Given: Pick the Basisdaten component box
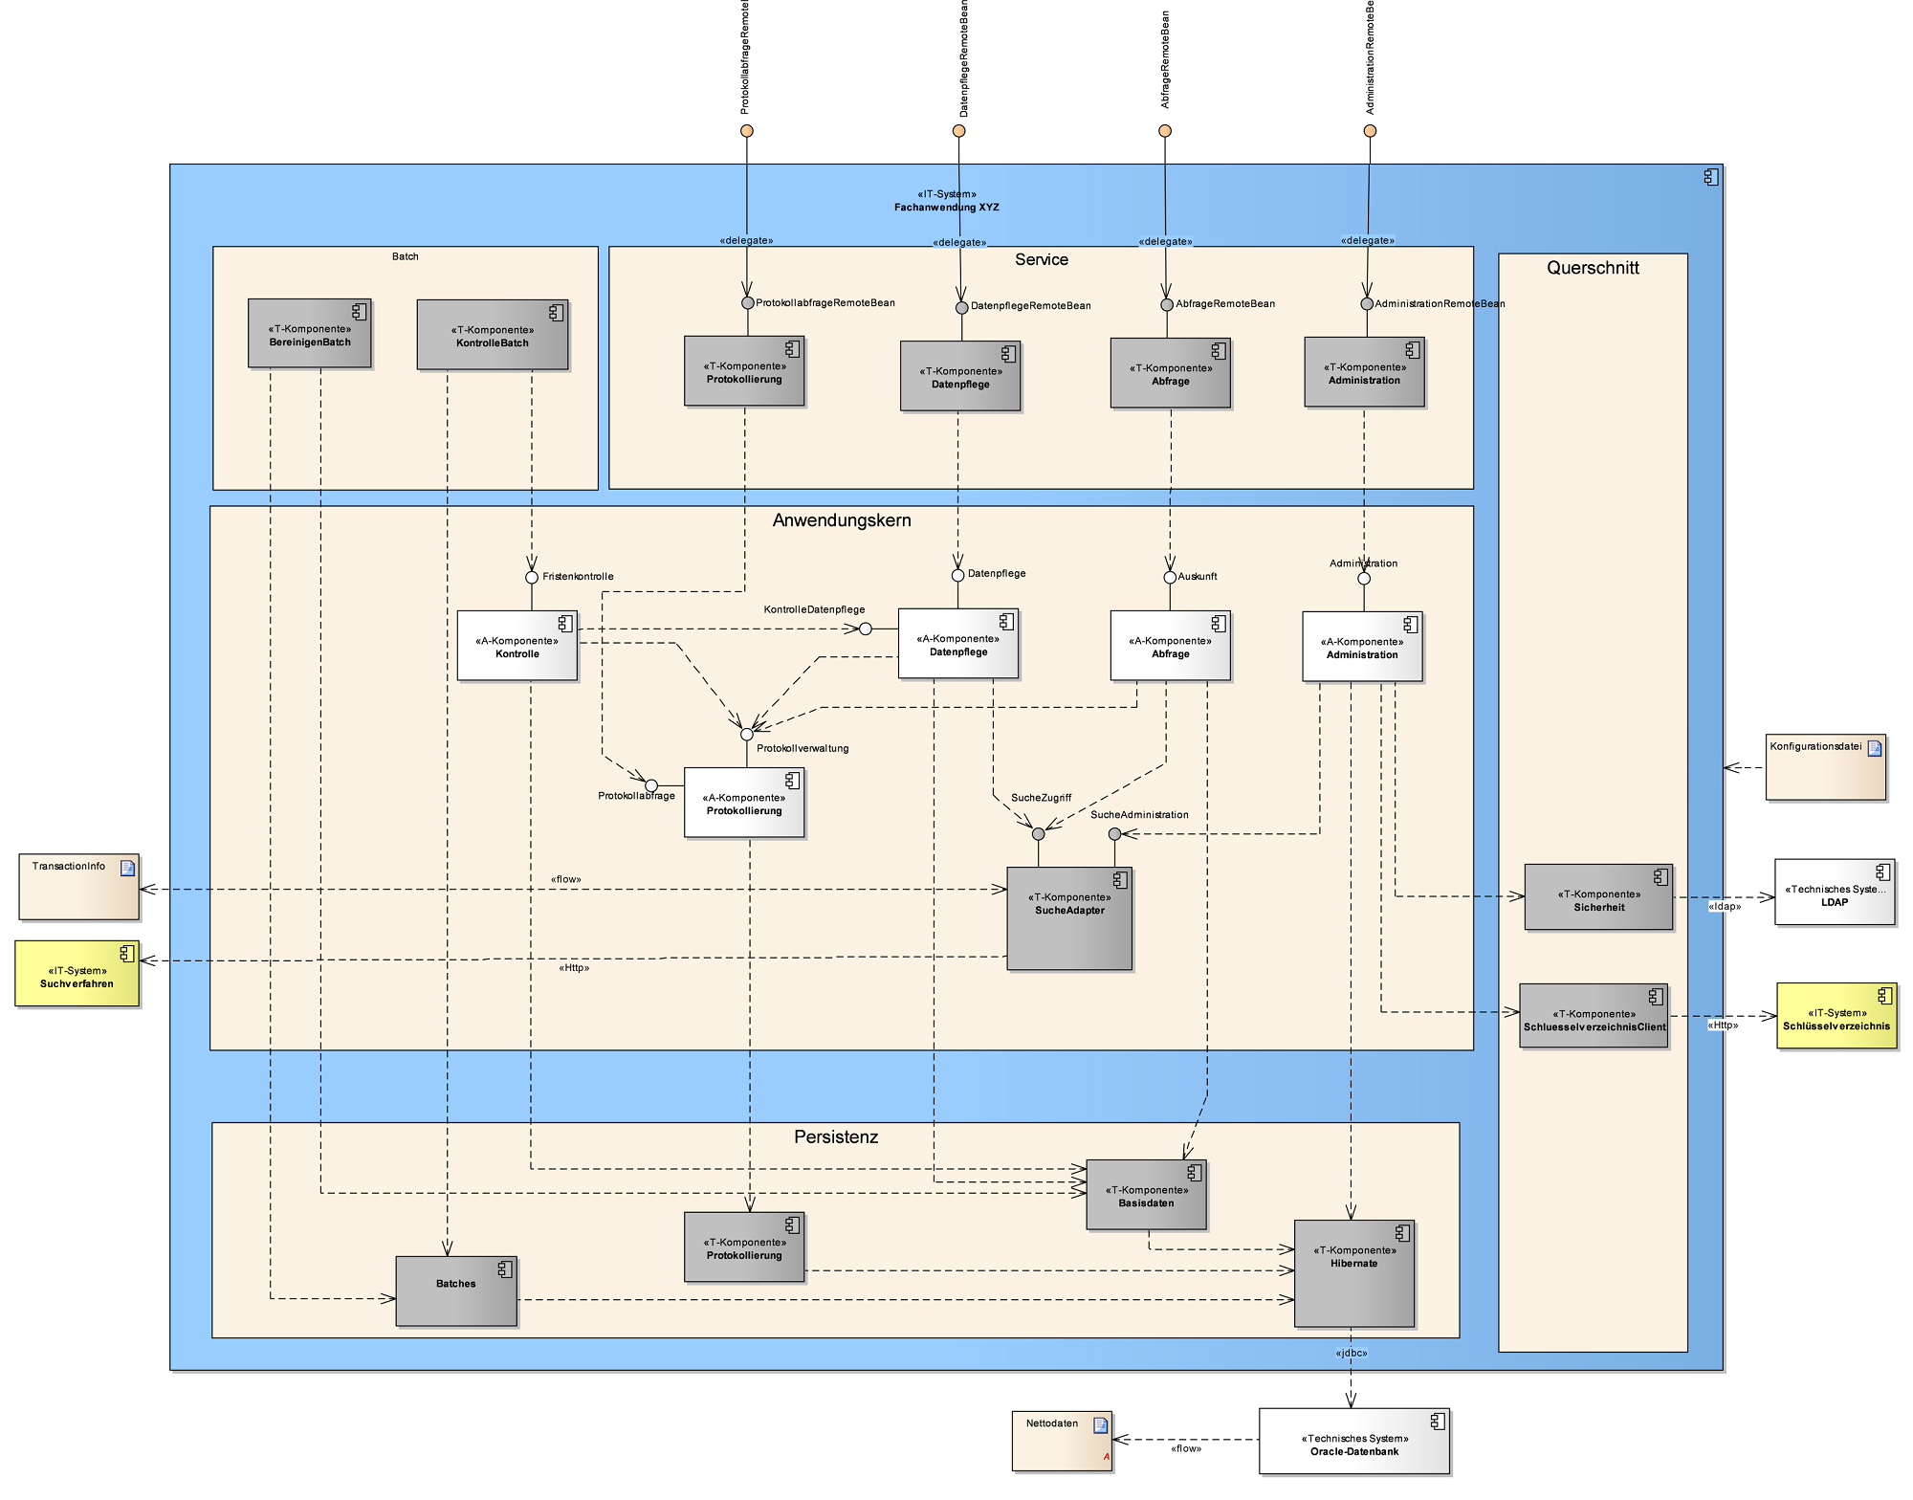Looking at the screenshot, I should click(x=1146, y=1195).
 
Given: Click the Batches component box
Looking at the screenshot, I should click(x=455, y=1290).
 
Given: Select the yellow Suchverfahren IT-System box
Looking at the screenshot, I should click(x=77, y=974).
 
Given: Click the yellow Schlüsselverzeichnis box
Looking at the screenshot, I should click(x=1836, y=1016).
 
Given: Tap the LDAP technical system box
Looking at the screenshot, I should click(x=1834, y=892).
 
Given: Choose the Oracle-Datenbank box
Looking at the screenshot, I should click(x=1353, y=1441).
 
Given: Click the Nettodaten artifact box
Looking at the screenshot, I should click(x=1061, y=1441).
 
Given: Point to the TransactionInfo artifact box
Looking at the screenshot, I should click(x=78, y=887).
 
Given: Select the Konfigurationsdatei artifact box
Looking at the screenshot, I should click(x=1825, y=767).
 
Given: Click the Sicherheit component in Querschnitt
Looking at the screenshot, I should click(x=1597, y=897).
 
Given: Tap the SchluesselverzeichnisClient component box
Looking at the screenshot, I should click(x=1594, y=1016).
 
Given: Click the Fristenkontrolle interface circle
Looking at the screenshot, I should click(x=532, y=577).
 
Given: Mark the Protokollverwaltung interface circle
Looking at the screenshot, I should click(x=747, y=735).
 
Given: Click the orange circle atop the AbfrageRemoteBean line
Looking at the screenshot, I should click(x=1164, y=131).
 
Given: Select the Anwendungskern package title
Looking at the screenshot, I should click(x=842, y=520).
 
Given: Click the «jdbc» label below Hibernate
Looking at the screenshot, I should click(x=1351, y=1353).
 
